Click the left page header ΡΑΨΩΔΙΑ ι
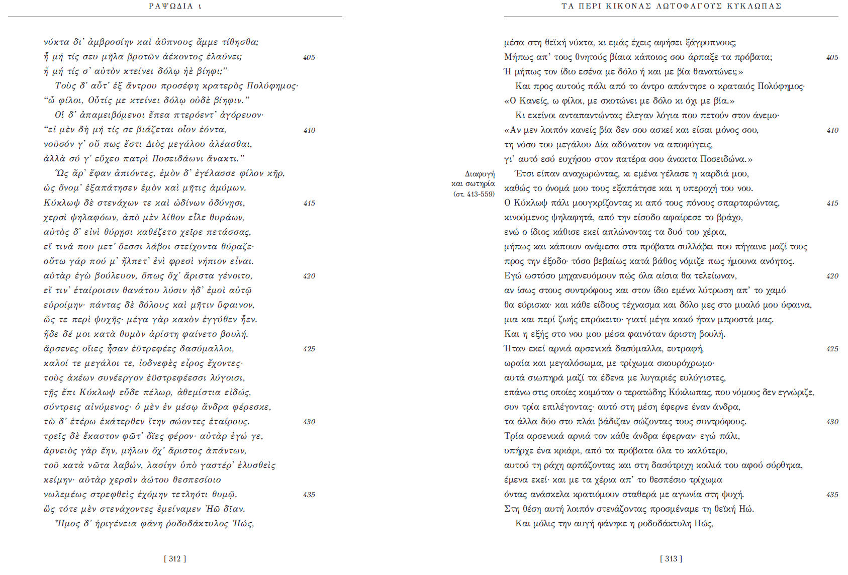pos(175,6)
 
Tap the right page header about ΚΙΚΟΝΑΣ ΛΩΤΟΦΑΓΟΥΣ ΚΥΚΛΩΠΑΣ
pos(671,6)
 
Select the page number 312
pos(175,558)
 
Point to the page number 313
pos(671,558)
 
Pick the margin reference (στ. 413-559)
pos(474,194)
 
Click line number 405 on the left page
pos(309,57)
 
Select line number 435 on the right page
pos(832,495)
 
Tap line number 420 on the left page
pos(309,276)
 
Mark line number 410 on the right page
pos(832,130)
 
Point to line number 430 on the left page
pos(309,422)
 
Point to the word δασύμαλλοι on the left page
pos(207,349)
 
